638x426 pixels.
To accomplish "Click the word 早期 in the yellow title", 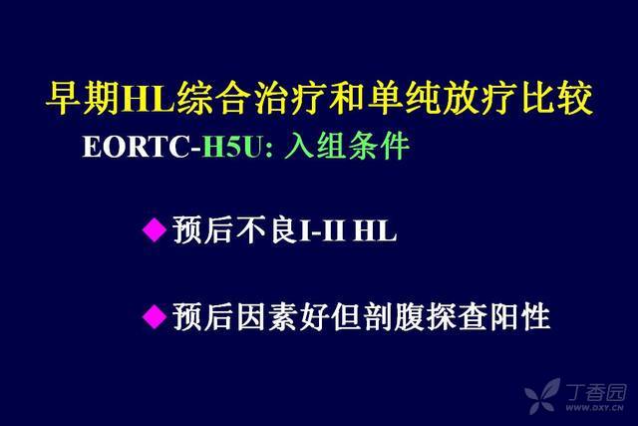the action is coord(83,98).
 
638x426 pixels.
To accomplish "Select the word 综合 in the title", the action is coord(211,98).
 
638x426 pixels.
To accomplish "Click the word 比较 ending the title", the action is coord(557,98).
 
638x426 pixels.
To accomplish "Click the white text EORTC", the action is coord(137,147).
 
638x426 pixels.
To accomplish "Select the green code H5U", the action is coord(231,147).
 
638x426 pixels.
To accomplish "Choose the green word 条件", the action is coord(379,146).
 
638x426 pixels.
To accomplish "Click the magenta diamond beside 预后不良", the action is coord(155,229).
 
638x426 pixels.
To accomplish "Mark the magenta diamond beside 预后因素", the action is coord(155,316).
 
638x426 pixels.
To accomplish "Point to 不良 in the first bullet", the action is coord(266,229).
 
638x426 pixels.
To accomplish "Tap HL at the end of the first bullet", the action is coord(375,230).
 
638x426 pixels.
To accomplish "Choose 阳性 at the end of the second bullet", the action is coord(520,316).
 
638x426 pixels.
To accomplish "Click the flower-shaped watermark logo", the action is coord(542,396).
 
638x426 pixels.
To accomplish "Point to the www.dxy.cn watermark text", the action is coord(595,407).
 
